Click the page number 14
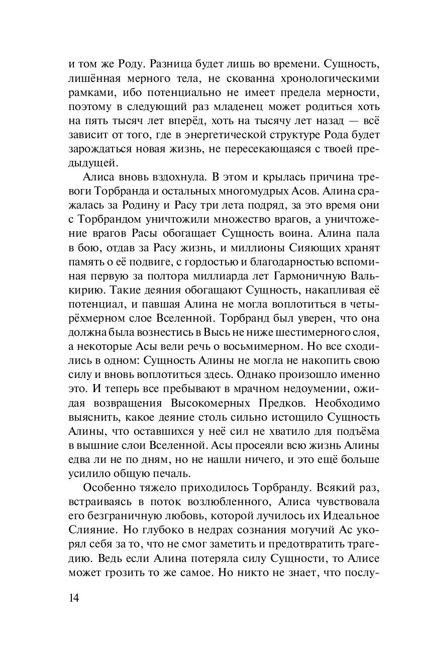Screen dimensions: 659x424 coord(74,598)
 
